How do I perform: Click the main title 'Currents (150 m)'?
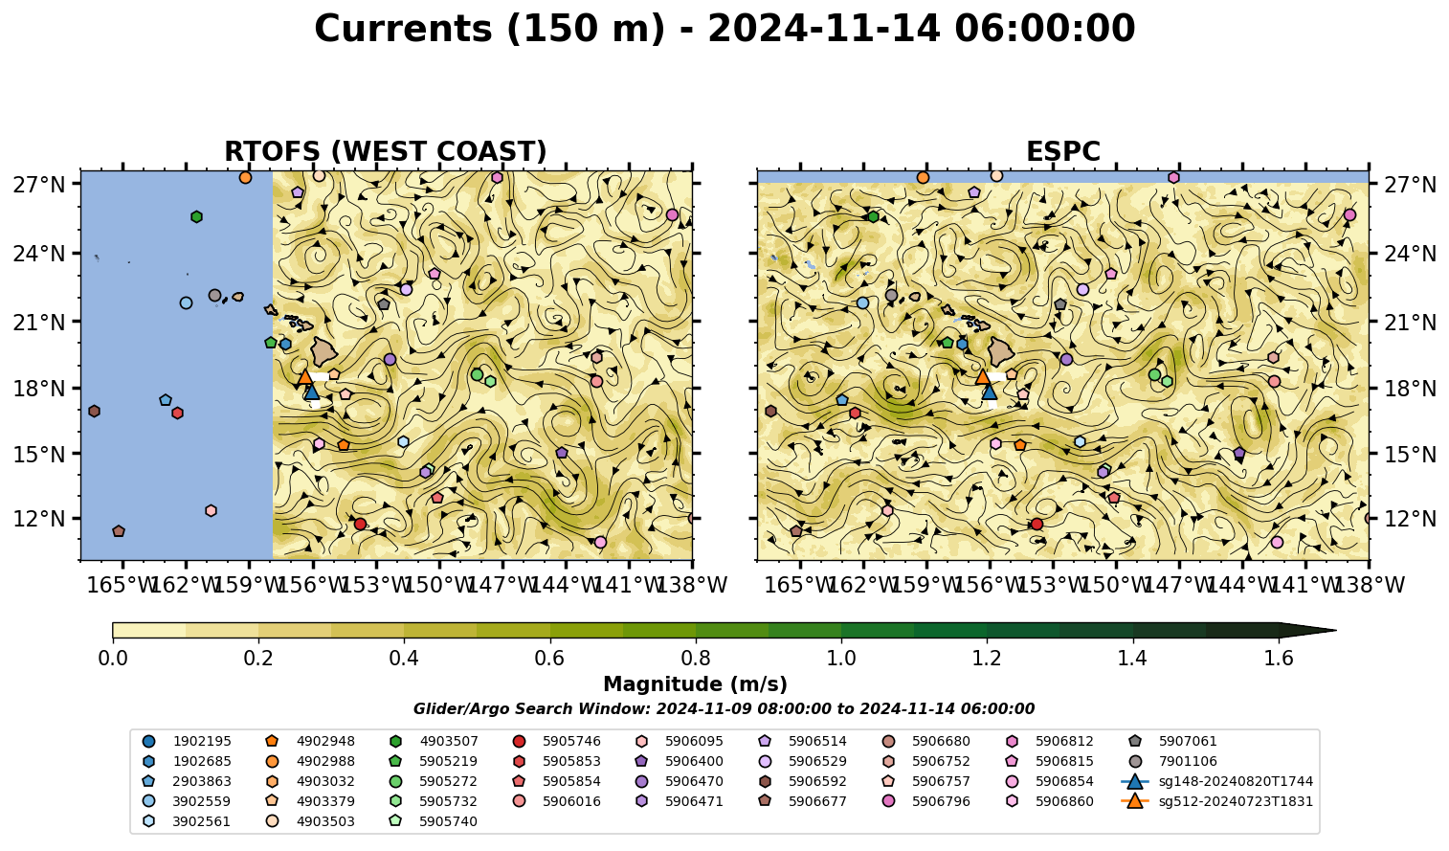coord(490,30)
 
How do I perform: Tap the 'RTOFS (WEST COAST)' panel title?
coord(386,151)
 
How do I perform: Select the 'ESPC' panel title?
coord(1062,151)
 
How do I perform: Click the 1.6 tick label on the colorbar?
coord(1279,659)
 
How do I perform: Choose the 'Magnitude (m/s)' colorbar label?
coord(696,684)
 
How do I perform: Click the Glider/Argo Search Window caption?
coord(724,708)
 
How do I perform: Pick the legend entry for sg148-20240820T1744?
coord(1217,781)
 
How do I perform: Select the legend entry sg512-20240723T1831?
coord(1217,801)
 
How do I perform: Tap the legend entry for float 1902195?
coord(187,741)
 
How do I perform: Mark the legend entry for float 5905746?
coord(556,741)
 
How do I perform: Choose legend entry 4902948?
coord(310,741)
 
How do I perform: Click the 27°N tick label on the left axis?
coord(39,185)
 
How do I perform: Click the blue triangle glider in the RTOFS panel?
coord(312,392)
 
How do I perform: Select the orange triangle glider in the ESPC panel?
coord(983,376)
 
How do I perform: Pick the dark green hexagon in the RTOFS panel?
coord(196,216)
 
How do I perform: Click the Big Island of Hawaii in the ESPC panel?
coord(1001,351)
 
